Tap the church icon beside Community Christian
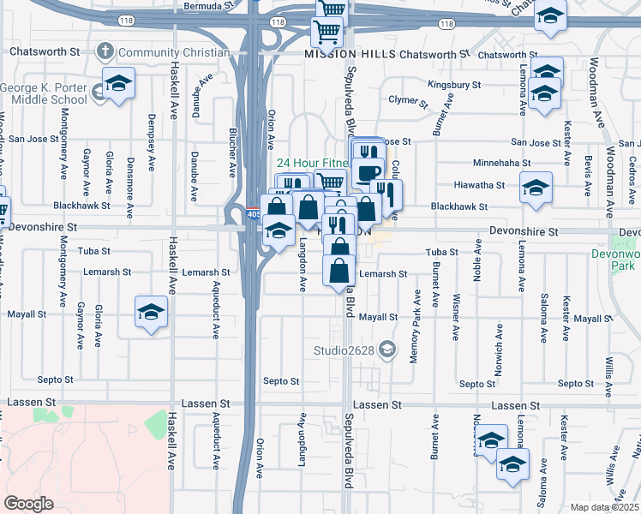pyautogui.click(x=105, y=51)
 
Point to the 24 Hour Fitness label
pyautogui.click(x=312, y=162)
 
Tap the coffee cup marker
pyautogui.click(x=368, y=172)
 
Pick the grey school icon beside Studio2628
pyautogui.click(x=387, y=348)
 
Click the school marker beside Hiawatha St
pyautogui.click(x=536, y=187)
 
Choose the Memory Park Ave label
pyautogui.click(x=416, y=330)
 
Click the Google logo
pyautogui.click(x=28, y=504)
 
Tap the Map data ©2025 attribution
pyautogui.click(x=605, y=507)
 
